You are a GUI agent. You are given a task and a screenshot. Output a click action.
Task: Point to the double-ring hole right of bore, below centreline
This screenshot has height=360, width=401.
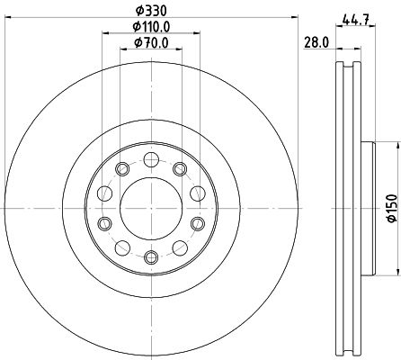[197, 222]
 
